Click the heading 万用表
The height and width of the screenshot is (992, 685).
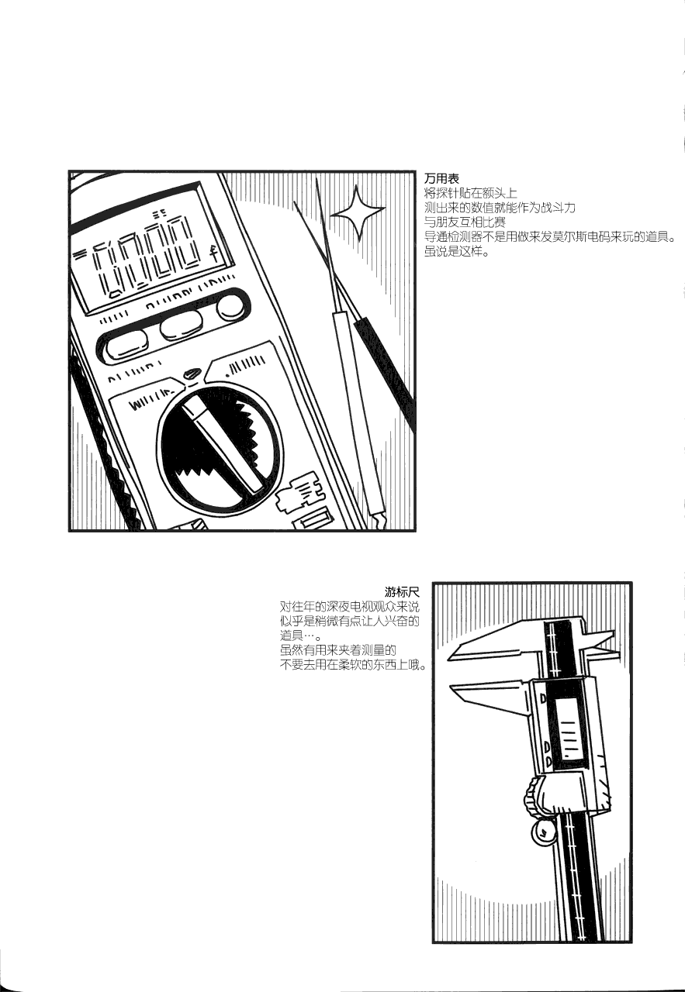point(441,178)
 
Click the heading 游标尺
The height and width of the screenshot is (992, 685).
point(402,591)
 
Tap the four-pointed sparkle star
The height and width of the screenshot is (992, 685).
point(358,212)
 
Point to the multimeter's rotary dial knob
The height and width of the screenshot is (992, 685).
point(220,448)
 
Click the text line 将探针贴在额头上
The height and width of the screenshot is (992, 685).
point(470,193)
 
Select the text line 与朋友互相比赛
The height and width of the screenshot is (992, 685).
point(465,222)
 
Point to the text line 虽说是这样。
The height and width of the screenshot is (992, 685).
point(459,253)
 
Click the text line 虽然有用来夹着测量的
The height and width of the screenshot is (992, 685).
point(337,650)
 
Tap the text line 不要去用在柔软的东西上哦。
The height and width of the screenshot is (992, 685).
point(352,665)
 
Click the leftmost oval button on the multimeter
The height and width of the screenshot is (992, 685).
point(127,345)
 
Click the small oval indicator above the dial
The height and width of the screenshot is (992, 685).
point(192,374)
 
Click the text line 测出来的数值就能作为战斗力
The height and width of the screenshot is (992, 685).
point(500,208)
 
